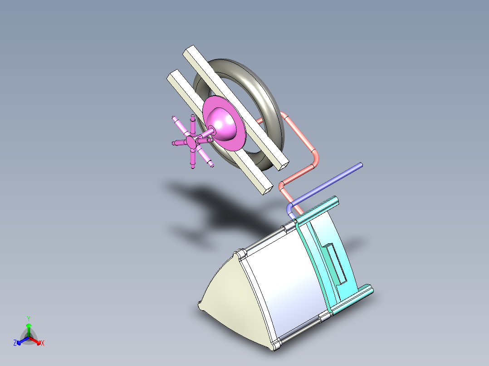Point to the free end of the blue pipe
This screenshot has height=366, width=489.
[x=361, y=165]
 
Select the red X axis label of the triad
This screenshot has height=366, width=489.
[x=42, y=343]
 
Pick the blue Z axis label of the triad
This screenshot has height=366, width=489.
[x=15, y=343]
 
